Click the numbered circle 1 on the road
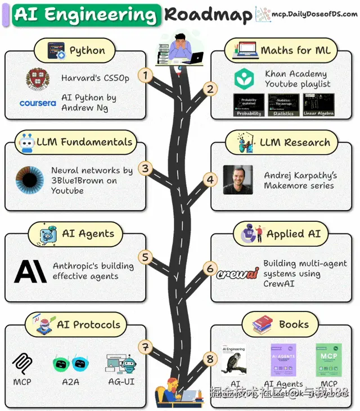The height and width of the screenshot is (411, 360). tap(146, 75)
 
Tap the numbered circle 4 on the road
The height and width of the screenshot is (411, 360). tap(210, 180)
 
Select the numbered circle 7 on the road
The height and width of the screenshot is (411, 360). tap(146, 347)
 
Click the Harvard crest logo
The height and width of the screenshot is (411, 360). tap(38, 79)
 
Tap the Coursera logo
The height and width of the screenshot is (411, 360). tap(38, 103)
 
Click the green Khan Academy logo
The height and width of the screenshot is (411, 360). tap(245, 79)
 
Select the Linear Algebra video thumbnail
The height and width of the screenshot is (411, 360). tap(318, 105)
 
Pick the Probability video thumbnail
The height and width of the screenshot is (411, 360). tap(249, 105)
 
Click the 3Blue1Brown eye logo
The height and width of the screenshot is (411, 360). tap(30, 180)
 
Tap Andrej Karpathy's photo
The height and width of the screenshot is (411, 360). tap(237, 180)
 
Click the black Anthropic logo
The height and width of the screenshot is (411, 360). tap(30, 271)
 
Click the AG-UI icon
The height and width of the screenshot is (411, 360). tap(121, 364)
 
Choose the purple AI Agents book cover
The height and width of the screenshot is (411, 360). tap(283, 360)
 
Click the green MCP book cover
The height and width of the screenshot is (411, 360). tap(328, 360)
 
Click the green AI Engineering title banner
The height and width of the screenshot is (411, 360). tap(85, 15)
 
